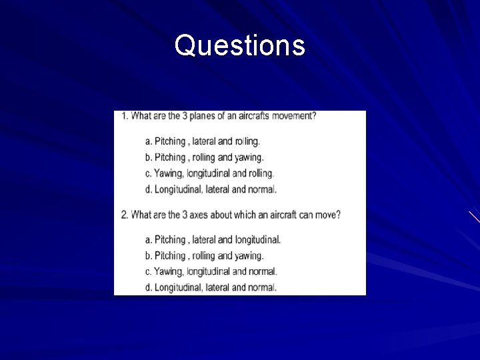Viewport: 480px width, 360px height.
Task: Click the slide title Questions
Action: click(x=240, y=46)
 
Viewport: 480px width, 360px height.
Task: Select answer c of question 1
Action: click(x=209, y=173)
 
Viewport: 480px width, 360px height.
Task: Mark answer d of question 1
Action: click(x=211, y=189)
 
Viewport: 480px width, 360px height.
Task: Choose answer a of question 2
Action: click(x=213, y=239)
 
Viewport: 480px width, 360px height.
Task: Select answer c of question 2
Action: click(x=211, y=271)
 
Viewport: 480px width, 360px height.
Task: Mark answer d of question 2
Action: click(x=211, y=287)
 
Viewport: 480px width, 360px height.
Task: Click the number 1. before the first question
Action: click(x=124, y=116)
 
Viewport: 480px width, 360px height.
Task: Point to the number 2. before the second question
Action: click(x=125, y=215)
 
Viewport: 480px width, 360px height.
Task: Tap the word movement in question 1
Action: click(x=293, y=116)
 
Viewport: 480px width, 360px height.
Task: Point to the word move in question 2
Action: click(x=327, y=215)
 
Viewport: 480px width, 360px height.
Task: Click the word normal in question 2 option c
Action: click(x=263, y=271)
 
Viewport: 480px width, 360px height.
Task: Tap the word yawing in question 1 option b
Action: click(x=249, y=157)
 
